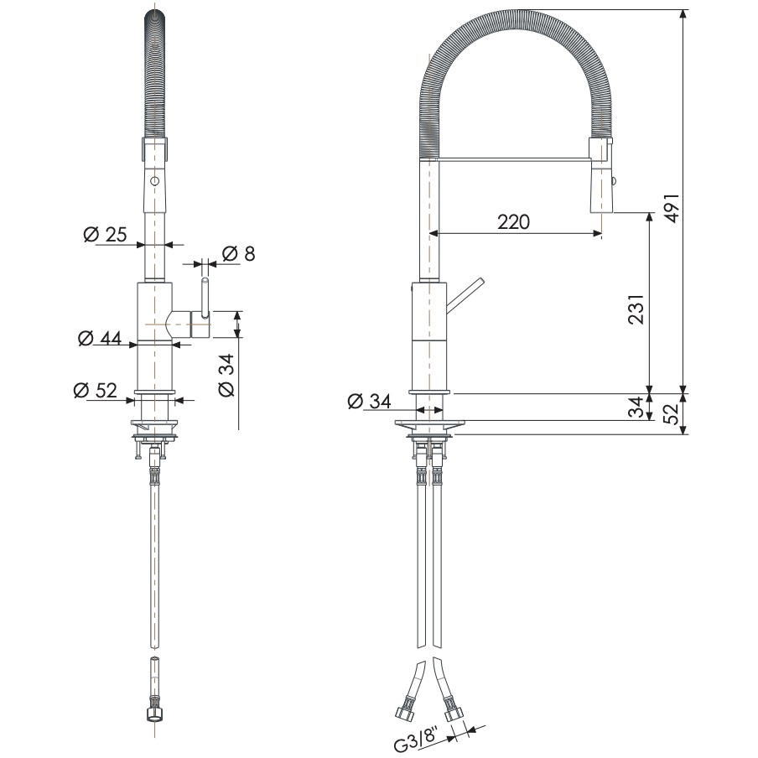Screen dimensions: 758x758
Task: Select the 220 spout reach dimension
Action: tap(513, 222)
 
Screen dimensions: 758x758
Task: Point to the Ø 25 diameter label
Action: tap(106, 235)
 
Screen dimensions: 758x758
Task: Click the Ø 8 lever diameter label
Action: tap(238, 253)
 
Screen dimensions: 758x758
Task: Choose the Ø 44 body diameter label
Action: tap(99, 339)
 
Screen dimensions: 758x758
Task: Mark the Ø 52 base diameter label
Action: tap(94, 390)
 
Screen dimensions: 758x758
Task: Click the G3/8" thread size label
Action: tap(417, 741)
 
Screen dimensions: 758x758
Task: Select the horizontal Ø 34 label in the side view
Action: tap(370, 401)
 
